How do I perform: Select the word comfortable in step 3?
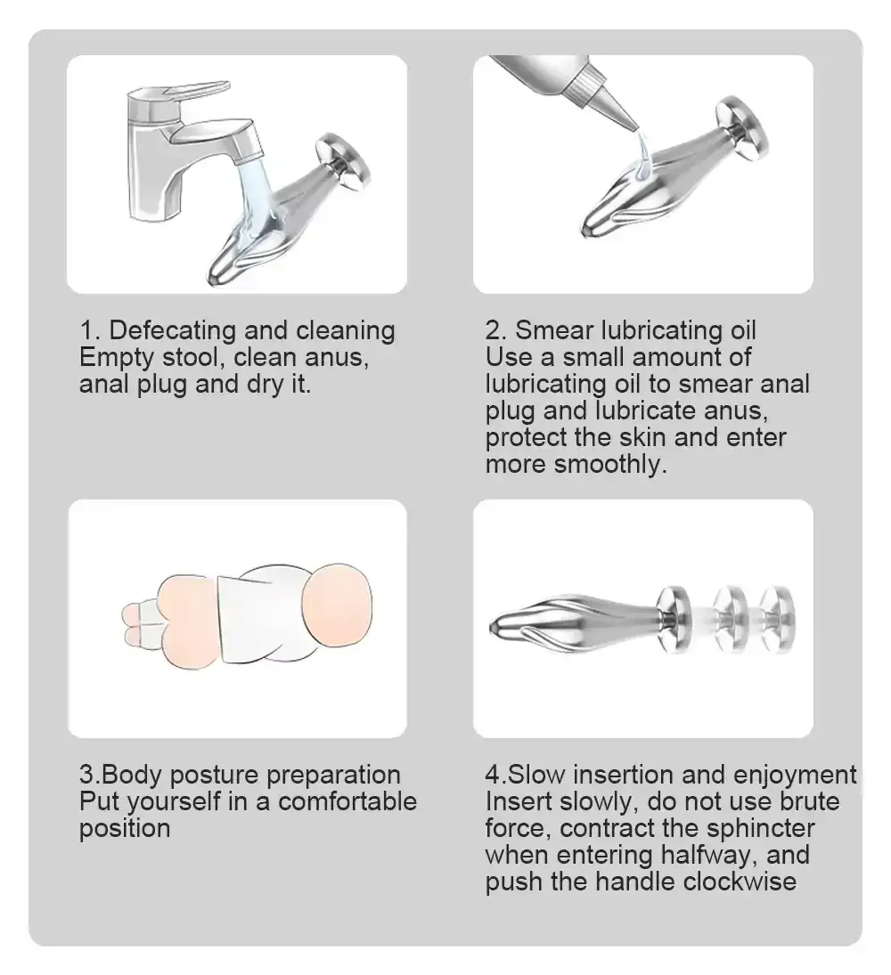tap(347, 801)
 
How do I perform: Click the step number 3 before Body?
tap(86, 775)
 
